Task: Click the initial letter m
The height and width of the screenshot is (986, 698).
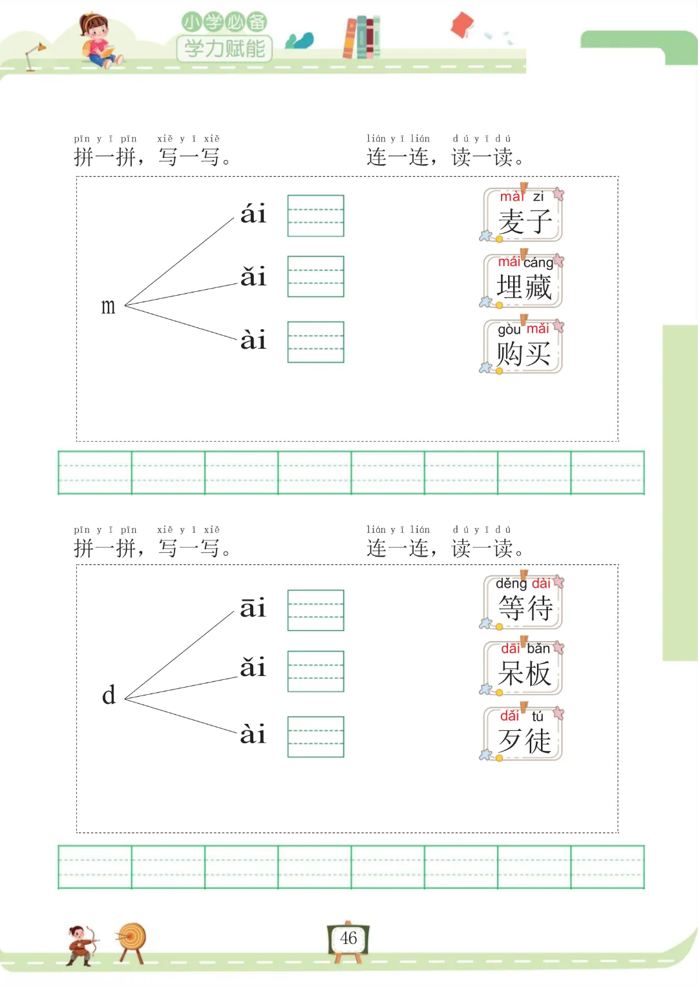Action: click(x=108, y=306)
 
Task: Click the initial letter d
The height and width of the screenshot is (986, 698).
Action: click(x=109, y=695)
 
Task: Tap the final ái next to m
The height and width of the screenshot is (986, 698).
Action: click(x=253, y=214)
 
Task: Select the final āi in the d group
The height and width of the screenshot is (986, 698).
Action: click(x=253, y=608)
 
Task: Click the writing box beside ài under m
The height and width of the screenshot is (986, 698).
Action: click(x=315, y=342)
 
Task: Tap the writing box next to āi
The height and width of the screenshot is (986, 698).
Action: click(x=315, y=610)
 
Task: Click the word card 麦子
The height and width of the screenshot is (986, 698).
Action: click(x=523, y=216)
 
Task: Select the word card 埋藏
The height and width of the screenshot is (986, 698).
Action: click(x=523, y=282)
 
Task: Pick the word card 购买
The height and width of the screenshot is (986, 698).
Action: click(x=523, y=347)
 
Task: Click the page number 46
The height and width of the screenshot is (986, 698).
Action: click(x=348, y=938)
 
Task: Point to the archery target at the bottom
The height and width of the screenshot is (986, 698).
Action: click(x=132, y=940)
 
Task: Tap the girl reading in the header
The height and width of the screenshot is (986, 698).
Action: click(x=98, y=40)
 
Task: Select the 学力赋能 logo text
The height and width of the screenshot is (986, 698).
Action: click(x=224, y=48)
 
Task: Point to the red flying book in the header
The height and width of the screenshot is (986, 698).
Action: click(x=462, y=25)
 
